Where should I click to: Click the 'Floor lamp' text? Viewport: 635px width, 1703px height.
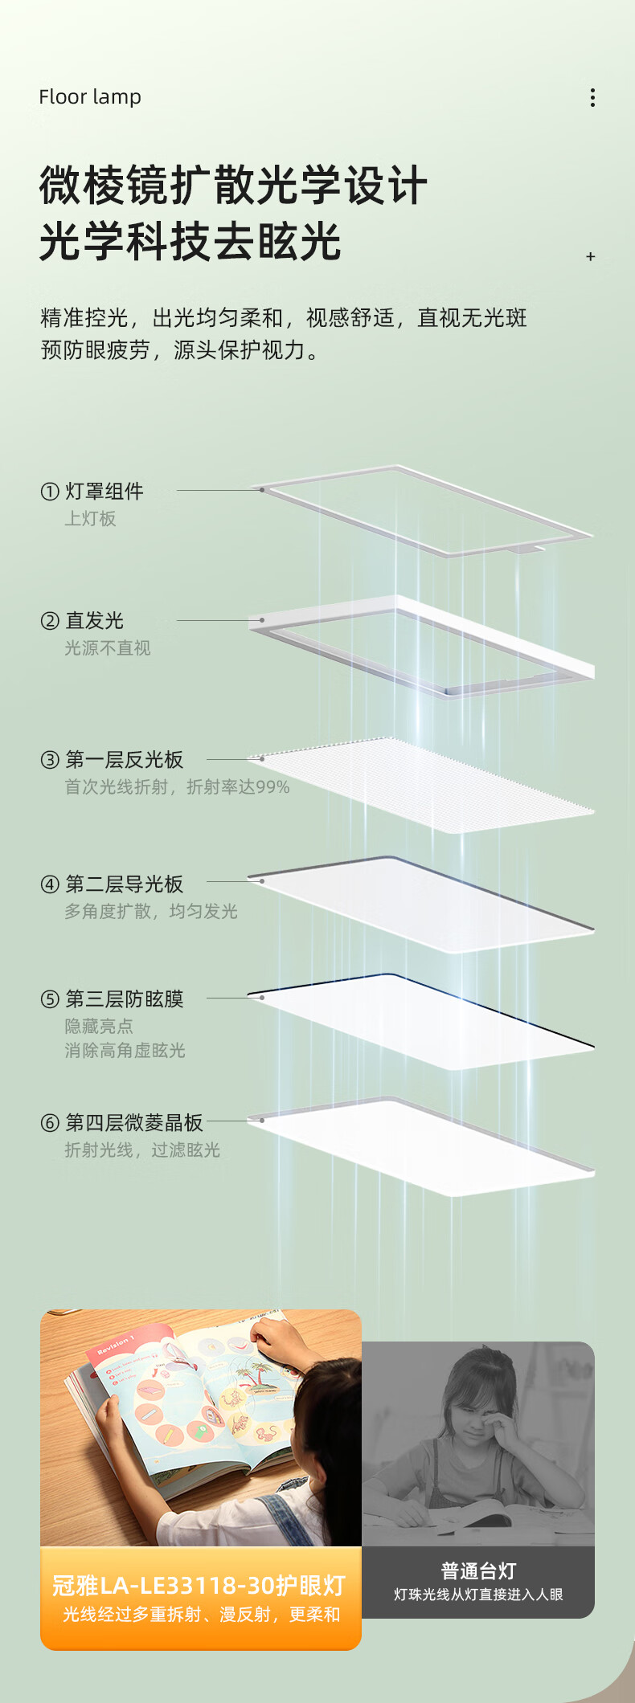pos(90,97)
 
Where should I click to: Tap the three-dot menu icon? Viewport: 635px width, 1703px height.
pos(592,97)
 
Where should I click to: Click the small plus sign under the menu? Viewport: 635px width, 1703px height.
pos(591,256)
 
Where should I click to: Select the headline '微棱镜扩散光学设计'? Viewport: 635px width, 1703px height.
pos(233,186)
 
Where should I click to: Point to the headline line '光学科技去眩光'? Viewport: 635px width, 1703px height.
pos(190,242)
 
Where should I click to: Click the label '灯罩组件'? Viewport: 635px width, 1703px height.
pos(104,491)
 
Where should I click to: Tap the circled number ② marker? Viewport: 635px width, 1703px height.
pos(50,621)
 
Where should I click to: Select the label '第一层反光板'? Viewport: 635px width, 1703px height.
pos(125,759)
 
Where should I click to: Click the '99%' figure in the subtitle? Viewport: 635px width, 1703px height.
pos(272,787)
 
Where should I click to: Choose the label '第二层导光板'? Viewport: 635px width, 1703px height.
pos(125,884)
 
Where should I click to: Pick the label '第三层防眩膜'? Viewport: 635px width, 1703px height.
pos(125,999)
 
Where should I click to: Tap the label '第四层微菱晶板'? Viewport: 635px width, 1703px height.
pos(134,1122)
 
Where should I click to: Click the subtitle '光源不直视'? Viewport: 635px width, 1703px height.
pos(108,647)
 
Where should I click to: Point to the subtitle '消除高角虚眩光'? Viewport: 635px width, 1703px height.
pos(125,1050)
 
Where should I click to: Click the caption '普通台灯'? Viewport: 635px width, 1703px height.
pos(478,1570)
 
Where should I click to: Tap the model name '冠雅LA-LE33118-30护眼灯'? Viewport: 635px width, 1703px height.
pos(199,1585)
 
